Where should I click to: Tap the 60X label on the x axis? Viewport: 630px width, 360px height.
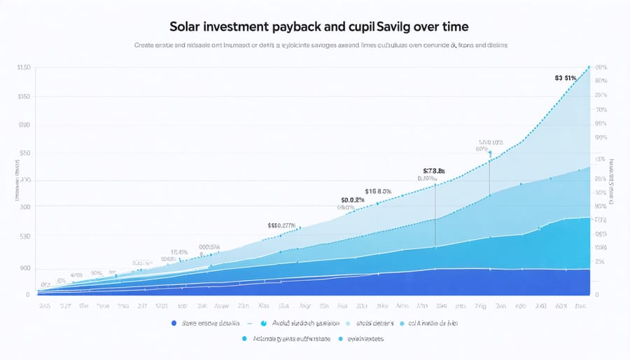(561, 306)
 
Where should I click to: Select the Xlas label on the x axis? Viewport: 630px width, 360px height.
(265, 306)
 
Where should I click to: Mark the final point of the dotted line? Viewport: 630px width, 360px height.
(589, 67)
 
